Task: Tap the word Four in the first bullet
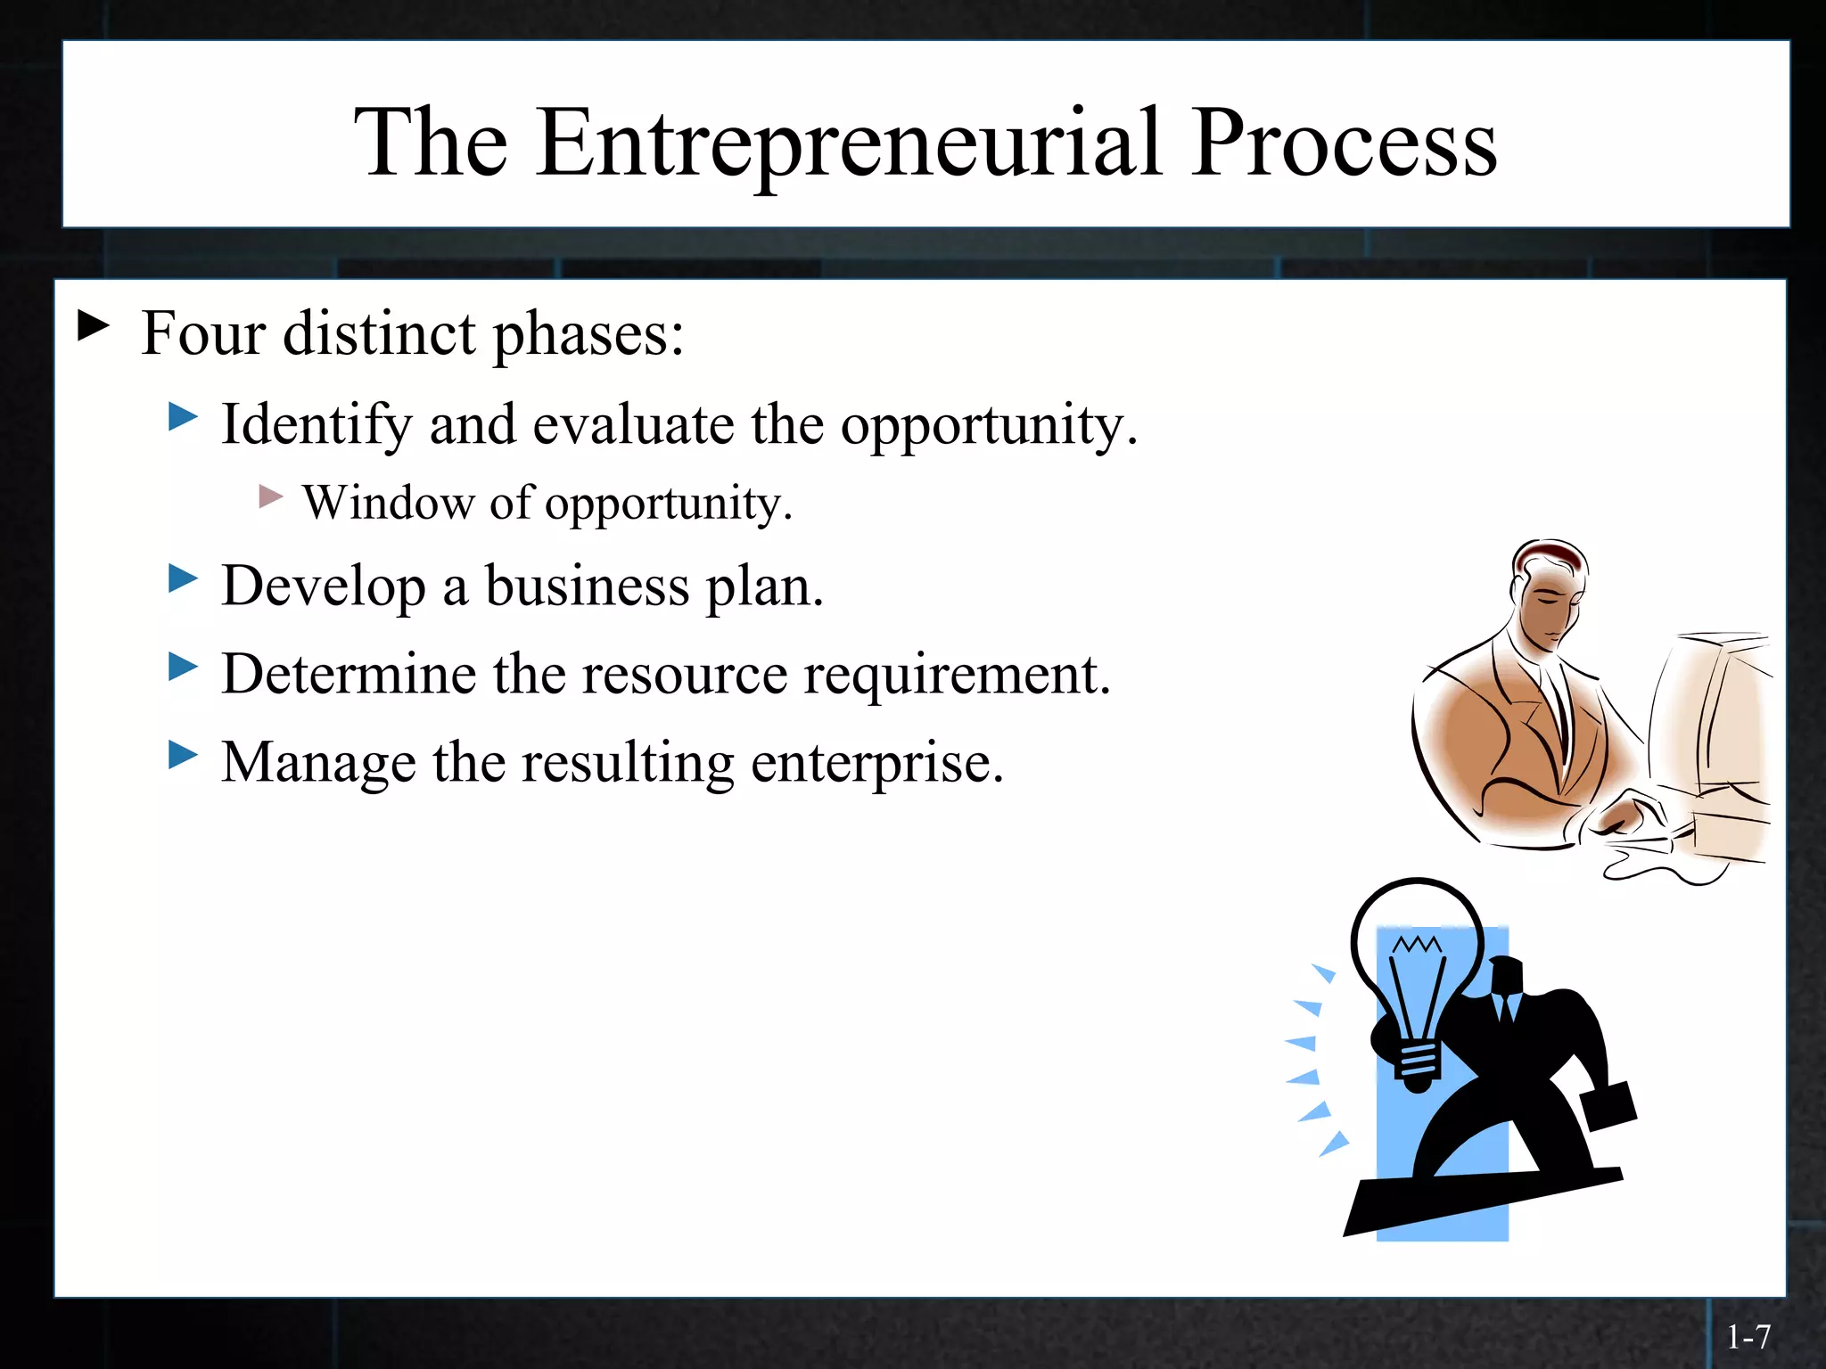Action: coord(203,333)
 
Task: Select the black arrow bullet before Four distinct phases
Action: coord(93,325)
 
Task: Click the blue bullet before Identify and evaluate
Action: coord(183,416)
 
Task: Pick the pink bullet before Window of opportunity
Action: coord(271,496)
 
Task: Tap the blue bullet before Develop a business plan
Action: coord(183,578)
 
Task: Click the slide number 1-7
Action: coord(1748,1337)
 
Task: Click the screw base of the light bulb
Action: coord(1418,1065)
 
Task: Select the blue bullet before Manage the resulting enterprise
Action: coord(183,755)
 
